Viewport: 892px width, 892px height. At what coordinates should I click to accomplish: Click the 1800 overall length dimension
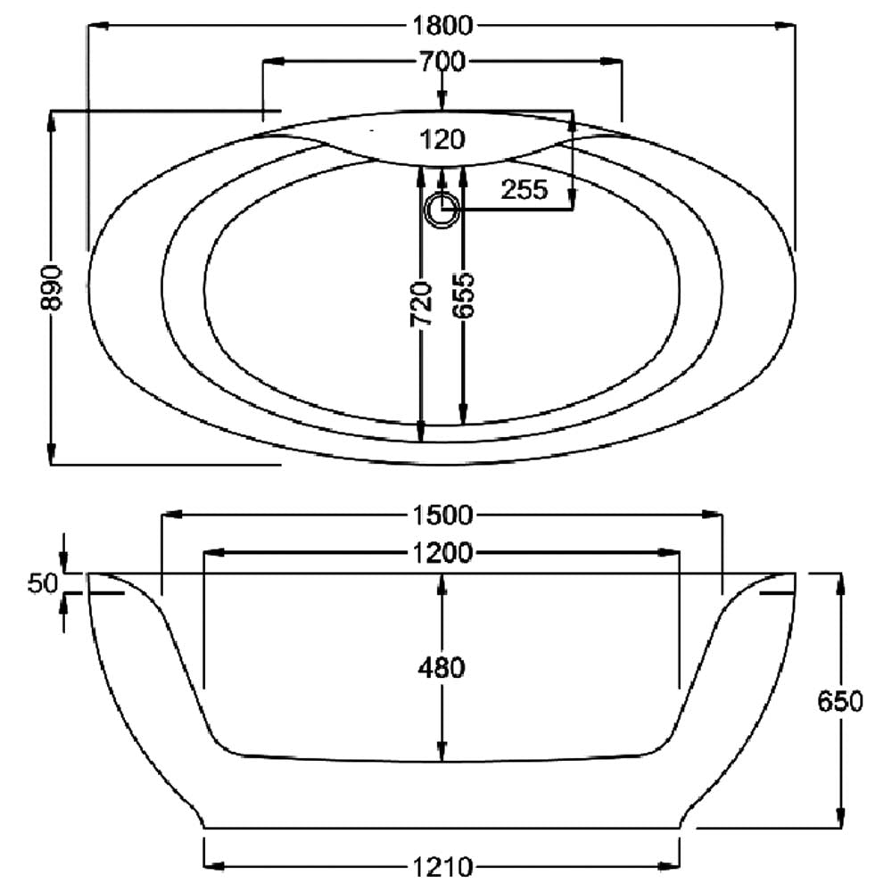tap(442, 26)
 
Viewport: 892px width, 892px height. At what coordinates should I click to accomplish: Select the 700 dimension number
tap(442, 61)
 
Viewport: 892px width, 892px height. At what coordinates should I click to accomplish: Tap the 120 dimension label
tap(442, 139)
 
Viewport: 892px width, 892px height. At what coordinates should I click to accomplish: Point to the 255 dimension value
tap(524, 189)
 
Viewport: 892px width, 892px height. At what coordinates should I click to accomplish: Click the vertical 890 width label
tap(51, 287)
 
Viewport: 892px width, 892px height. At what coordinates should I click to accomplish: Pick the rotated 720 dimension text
tap(422, 304)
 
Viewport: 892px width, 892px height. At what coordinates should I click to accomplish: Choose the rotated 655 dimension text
tap(463, 296)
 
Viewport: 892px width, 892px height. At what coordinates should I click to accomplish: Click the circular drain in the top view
tap(442, 210)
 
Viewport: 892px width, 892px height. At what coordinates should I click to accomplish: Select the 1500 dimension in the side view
tap(442, 515)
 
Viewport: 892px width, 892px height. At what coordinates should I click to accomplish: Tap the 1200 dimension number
tap(442, 552)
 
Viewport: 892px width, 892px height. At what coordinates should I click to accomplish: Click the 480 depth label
tap(442, 667)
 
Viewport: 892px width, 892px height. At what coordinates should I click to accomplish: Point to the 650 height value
tap(840, 701)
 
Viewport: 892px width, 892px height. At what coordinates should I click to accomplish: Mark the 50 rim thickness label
tap(43, 583)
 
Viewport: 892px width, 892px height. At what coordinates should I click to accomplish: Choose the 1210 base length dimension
tap(442, 867)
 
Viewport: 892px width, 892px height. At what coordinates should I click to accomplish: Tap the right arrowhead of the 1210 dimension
tap(670, 866)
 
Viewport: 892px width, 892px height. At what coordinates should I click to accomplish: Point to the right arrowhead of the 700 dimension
tap(612, 61)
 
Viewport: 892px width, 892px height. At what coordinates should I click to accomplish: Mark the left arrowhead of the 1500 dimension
tap(172, 515)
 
